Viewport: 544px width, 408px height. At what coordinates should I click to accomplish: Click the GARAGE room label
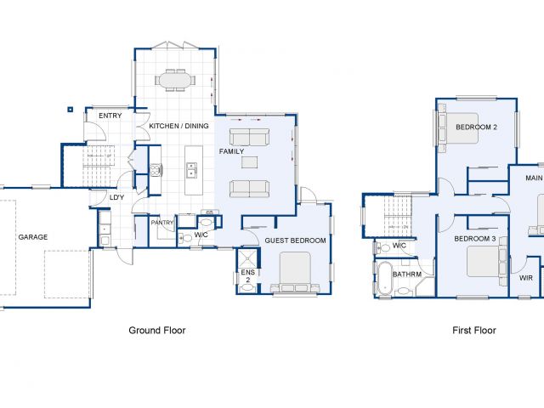pyautogui.click(x=33, y=237)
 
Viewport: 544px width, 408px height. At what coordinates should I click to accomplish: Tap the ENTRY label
pyautogui.click(x=110, y=116)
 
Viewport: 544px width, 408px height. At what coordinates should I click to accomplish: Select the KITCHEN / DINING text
pyautogui.click(x=178, y=126)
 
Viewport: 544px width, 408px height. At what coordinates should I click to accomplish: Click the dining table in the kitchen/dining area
pyautogui.click(x=175, y=80)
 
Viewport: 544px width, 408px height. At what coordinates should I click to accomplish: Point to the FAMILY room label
pyautogui.click(x=231, y=151)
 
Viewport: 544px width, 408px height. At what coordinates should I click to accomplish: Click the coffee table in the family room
pyautogui.click(x=249, y=162)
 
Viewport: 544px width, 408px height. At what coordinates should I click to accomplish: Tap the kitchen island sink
pyautogui.click(x=191, y=170)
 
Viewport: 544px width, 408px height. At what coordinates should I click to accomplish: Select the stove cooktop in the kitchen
pyautogui.click(x=156, y=170)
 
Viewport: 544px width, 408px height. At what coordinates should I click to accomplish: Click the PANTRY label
pyautogui.click(x=162, y=223)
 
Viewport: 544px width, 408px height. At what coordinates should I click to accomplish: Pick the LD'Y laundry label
pyautogui.click(x=116, y=198)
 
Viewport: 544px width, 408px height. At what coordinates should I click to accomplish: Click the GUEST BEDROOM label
pyautogui.click(x=295, y=241)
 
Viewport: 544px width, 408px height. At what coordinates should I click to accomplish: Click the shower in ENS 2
pyautogui.click(x=247, y=258)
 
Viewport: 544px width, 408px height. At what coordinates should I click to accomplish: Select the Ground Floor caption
pyautogui.click(x=157, y=331)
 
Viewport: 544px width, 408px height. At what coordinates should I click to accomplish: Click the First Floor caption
pyautogui.click(x=474, y=331)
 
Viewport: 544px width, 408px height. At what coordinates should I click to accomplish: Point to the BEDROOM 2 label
pyautogui.click(x=476, y=127)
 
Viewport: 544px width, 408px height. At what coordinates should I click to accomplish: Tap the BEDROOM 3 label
pyautogui.click(x=475, y=239)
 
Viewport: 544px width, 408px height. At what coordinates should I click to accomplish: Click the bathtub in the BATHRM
pyautogui.click(x=384, y=279)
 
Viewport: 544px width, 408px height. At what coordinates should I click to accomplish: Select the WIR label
pyautogui.click(x=526, y=278)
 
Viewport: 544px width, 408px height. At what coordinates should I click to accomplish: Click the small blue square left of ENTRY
pyautogui.click(x=70, y=110)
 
